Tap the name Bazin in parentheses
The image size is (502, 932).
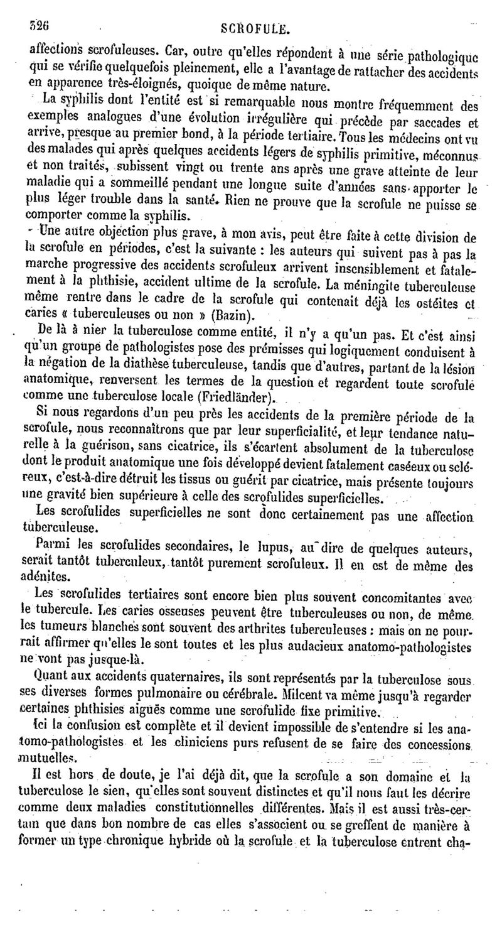tap(232, 313)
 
